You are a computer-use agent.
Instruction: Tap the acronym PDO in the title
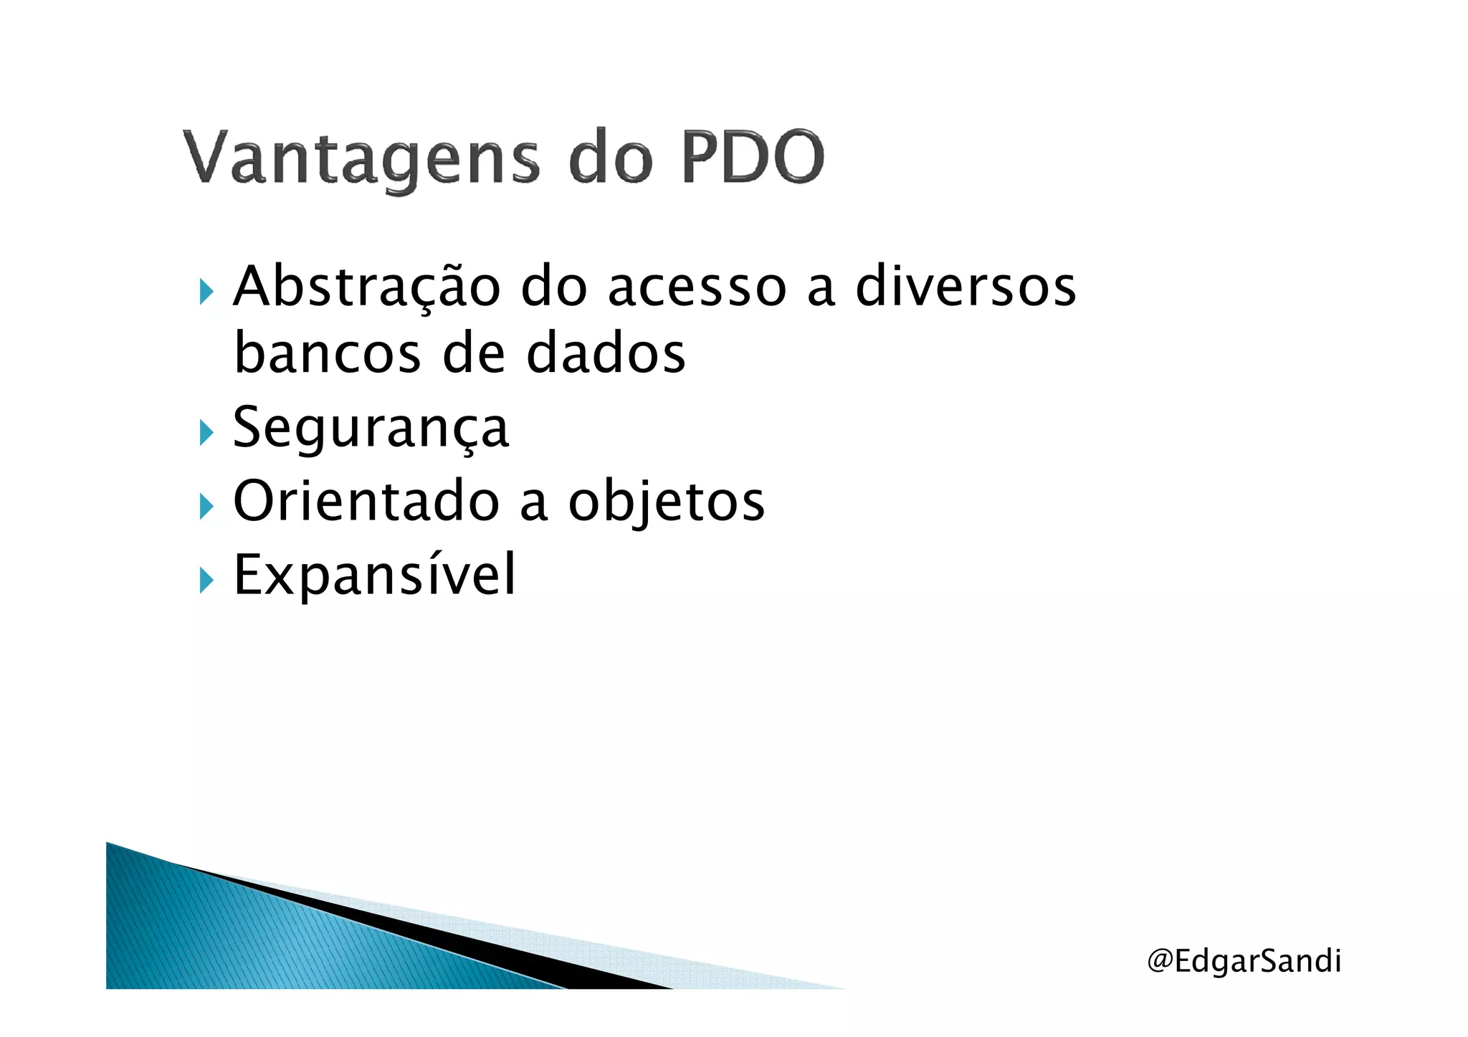click(753, 157)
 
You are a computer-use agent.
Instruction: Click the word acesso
click(697, 287)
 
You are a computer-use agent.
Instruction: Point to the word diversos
click(966, 286)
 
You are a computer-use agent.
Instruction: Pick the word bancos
click(328, 353)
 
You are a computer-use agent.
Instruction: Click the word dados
click(606, 353)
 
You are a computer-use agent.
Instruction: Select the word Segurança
click(371, 428)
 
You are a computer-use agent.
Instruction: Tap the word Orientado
click(366, 501)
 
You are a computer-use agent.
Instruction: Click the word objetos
click(667, 502)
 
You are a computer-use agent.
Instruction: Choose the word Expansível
click(374, 575)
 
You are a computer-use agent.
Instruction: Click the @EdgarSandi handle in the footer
click(1244, 961)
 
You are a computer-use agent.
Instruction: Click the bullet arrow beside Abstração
click(206, 292)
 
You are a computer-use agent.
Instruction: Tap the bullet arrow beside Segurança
click(206, 433)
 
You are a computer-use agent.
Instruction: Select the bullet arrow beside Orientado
click(206, 507)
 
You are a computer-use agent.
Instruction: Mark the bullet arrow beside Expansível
click(206, 580)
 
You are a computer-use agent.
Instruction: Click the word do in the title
click(610, 158)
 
